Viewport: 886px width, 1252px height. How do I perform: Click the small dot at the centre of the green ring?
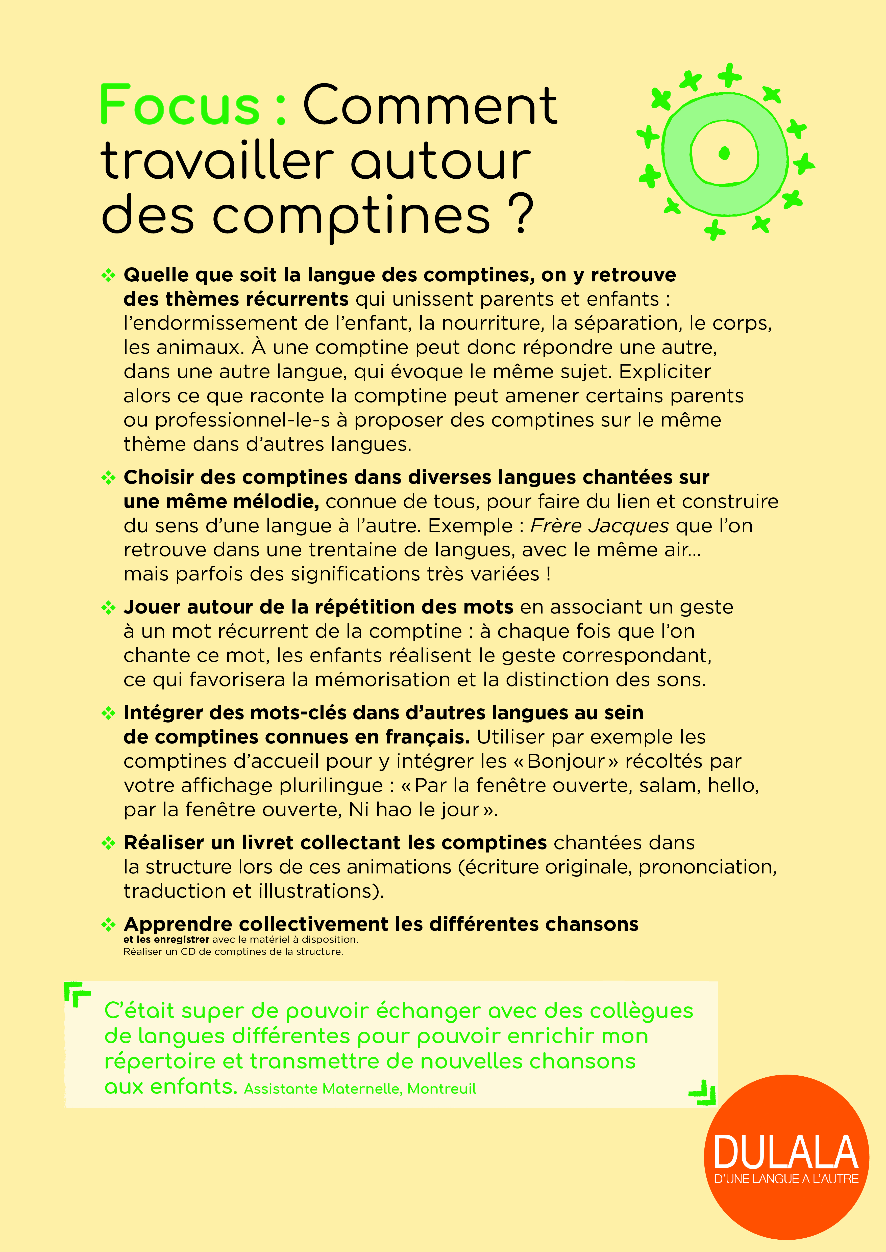coord(725,153)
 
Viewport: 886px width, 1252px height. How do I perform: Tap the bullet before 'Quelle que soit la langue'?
coord(109,275)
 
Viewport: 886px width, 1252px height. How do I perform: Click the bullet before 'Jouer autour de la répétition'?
coord(109,607)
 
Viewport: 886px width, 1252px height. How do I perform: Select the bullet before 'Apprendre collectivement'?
coord(109,924)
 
